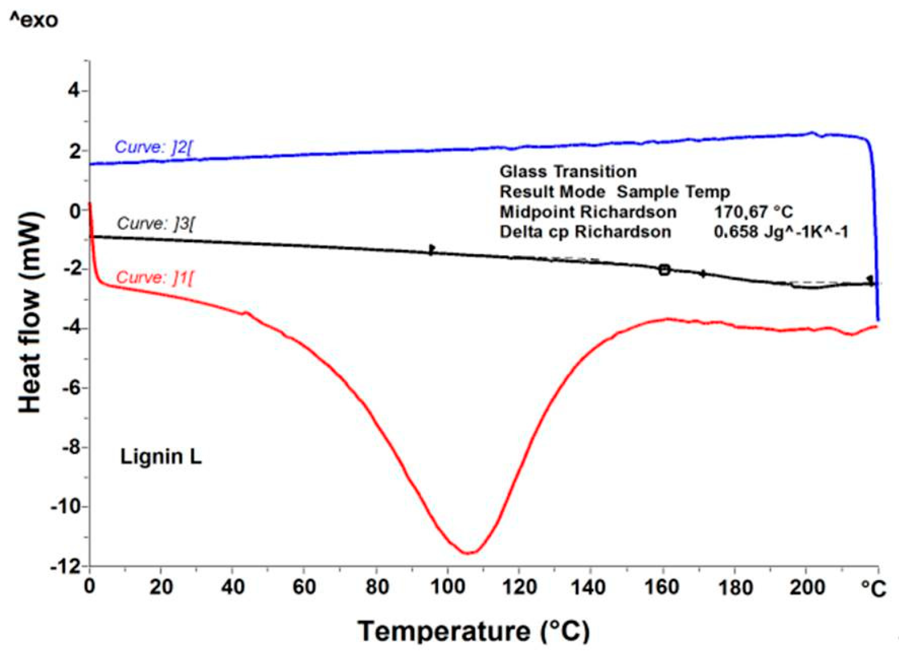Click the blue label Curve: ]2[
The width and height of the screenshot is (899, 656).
click(153, 147)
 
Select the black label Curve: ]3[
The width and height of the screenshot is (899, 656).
click(155, 223)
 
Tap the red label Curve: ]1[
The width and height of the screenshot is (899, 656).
click(155, 277)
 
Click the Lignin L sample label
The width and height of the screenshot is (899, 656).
click(160, 457)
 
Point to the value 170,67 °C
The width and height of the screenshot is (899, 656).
click(753, 212)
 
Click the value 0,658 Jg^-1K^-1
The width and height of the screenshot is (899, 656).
click(781, 232)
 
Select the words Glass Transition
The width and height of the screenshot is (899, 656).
click(568, 171)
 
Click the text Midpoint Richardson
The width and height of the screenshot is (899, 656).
click(588, 212)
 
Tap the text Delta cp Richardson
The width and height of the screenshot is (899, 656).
click(585, 232)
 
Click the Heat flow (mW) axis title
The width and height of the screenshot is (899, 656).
click(30, 313)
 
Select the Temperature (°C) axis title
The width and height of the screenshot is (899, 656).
click(473, 630)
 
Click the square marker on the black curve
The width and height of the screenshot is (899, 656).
click(664, 269)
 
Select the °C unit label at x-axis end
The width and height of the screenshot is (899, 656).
click(873, 588)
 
